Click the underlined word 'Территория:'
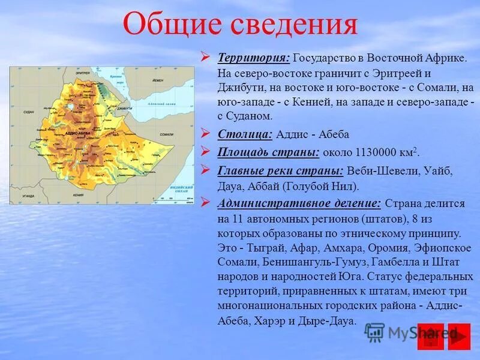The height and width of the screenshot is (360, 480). click(x=254, y=57)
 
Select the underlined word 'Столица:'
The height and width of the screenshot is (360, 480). click(x=245, y=134)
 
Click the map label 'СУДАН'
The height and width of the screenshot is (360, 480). click(x=28, y=112)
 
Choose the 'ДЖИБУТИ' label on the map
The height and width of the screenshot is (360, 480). click(x=125, y=109)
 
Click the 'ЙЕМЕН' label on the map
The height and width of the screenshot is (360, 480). click(x=157, y=80)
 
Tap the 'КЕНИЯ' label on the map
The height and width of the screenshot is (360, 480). click(x=79, y=195)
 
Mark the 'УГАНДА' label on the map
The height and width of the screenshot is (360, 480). click(x=28, y=196)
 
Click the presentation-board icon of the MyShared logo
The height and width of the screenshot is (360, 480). click(x=375, y=333)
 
